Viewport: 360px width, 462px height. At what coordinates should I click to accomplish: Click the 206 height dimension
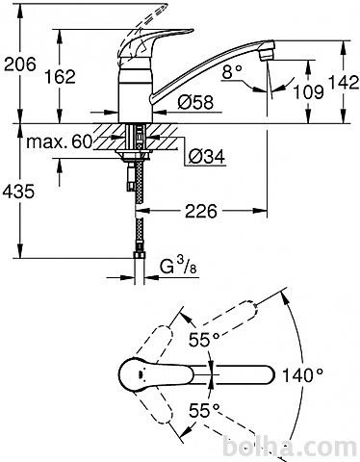[x=20, y=64]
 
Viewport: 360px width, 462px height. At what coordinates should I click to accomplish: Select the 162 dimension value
[x=60, y=77]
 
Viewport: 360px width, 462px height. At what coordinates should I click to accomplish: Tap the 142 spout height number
[x=343, y=83]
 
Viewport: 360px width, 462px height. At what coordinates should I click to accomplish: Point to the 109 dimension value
[x=309, y=92]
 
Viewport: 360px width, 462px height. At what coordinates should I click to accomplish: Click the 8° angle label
[x=232, y=72]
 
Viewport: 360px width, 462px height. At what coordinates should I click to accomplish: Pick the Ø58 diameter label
[x=195, y=102]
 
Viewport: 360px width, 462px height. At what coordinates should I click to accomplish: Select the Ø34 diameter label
[x=207, y=156]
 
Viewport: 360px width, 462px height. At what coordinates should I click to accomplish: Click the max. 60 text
[x=60, y=141]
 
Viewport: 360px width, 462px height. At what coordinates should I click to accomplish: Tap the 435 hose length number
[x=18, y=192]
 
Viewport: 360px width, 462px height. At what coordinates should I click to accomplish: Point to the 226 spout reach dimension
[x=201, y=211]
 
